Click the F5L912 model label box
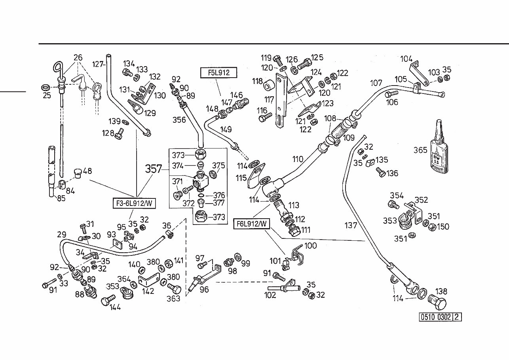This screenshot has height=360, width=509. tap(218, 73)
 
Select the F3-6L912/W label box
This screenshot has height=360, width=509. tap(133, 204)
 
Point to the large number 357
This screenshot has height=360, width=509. tap(154, 169)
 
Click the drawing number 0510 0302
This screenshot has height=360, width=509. tap(436, 317)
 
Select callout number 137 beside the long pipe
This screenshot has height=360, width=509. tap(351, 225)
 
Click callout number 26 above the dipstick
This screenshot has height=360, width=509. tap(78, 58)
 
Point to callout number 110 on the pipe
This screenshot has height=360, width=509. tap(298, 159)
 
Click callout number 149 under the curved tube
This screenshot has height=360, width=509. tap(226, 130)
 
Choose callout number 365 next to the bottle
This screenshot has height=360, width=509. tap(420, 150)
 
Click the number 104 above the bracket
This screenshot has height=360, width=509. tap(406, 59)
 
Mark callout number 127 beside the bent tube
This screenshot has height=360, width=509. tap(98, 64)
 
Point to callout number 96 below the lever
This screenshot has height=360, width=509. tap(205, 290)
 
